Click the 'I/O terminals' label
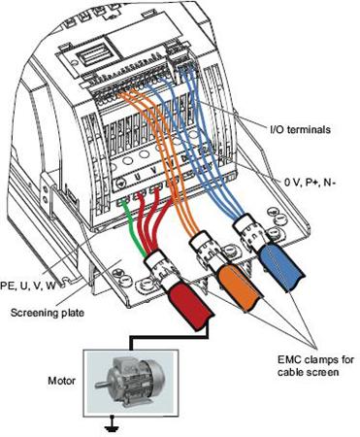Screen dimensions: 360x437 point(300,130)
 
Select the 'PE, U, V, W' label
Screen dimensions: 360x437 point(27,286)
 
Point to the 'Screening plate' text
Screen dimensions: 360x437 point(48,313)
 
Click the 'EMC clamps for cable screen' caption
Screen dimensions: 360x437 point(315,366)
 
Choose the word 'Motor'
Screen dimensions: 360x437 point(61,381)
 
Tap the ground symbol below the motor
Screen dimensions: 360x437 point(112,424)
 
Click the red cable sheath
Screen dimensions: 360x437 point(191,306)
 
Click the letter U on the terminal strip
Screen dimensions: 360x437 point(138,177)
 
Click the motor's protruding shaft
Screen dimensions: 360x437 point(101,385)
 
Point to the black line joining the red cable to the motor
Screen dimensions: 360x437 point(168,337)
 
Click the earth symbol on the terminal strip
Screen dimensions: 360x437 point(119,183)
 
